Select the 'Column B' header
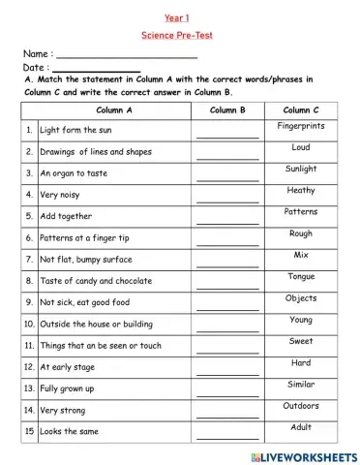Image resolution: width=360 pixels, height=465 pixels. (x=227, y=110)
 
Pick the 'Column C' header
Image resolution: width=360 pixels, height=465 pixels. (x=301, y=110)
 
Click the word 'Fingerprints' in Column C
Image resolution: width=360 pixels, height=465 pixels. (x=301, y=126)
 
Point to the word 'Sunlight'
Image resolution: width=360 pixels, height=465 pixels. (x=301, y=169)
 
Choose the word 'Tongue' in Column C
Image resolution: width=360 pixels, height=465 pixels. (x=301, y=276)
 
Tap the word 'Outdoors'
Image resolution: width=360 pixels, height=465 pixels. (x=301, y=406)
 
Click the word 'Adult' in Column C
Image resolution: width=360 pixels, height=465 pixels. (x=301, y=427)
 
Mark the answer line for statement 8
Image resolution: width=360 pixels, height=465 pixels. (x=227, y=286)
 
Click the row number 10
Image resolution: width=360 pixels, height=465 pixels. (x=30, y=324)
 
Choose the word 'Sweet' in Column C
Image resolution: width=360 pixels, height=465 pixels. (x=301, y=341)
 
